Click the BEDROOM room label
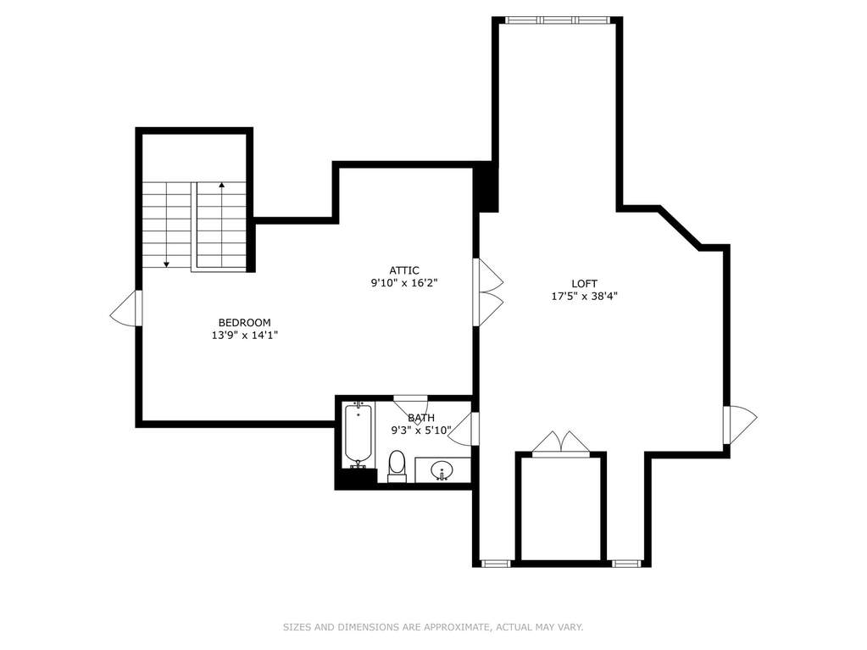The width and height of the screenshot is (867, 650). click(x=244, y=322)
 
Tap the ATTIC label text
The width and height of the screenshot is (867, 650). click(x=404, y=270)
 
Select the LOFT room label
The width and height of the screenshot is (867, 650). click(x=585, y=284)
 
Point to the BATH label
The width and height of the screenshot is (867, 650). click(x=421, y=418)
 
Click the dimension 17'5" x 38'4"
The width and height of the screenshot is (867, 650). click(x=585, y=297)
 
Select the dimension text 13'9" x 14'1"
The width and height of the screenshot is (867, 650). click(x=244, y=335)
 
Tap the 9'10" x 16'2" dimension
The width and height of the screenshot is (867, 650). click(x=404, y=283)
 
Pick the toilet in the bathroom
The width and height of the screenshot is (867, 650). click(x=397, y=466)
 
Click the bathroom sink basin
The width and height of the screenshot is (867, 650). click(x=442, y=470)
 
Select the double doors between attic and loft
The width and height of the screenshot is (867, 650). click(x=488, y=292)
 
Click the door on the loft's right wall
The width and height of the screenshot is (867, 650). click(x=740, y=425)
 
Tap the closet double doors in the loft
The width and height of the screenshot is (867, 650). click(x=561, y=444)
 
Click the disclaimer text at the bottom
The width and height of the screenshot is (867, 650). click(x=433, y=627)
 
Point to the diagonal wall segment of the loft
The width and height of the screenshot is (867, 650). click(x=680, y=228)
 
